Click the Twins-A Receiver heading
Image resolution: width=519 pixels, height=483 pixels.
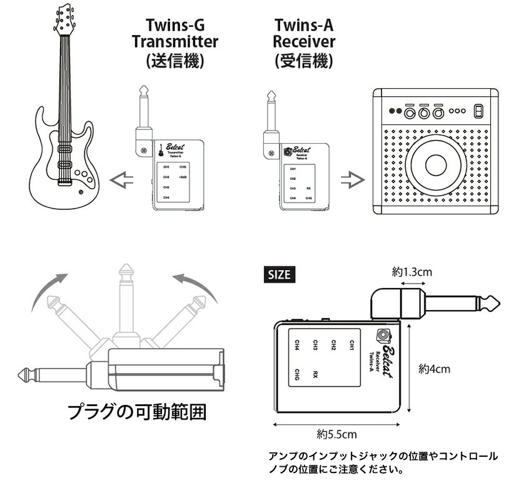304,42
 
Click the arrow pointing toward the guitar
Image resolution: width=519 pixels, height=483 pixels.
122,181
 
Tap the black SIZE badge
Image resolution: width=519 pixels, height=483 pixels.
280,274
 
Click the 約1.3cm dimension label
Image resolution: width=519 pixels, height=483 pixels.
412,272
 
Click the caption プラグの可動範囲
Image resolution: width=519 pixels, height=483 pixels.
137,413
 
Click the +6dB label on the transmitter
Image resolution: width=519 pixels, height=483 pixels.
183,178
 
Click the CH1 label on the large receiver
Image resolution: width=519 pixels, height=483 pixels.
351,345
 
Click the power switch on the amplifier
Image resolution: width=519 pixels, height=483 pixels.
478,111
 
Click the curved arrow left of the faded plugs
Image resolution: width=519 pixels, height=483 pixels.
47,294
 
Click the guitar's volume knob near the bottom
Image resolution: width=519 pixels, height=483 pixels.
80,192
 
